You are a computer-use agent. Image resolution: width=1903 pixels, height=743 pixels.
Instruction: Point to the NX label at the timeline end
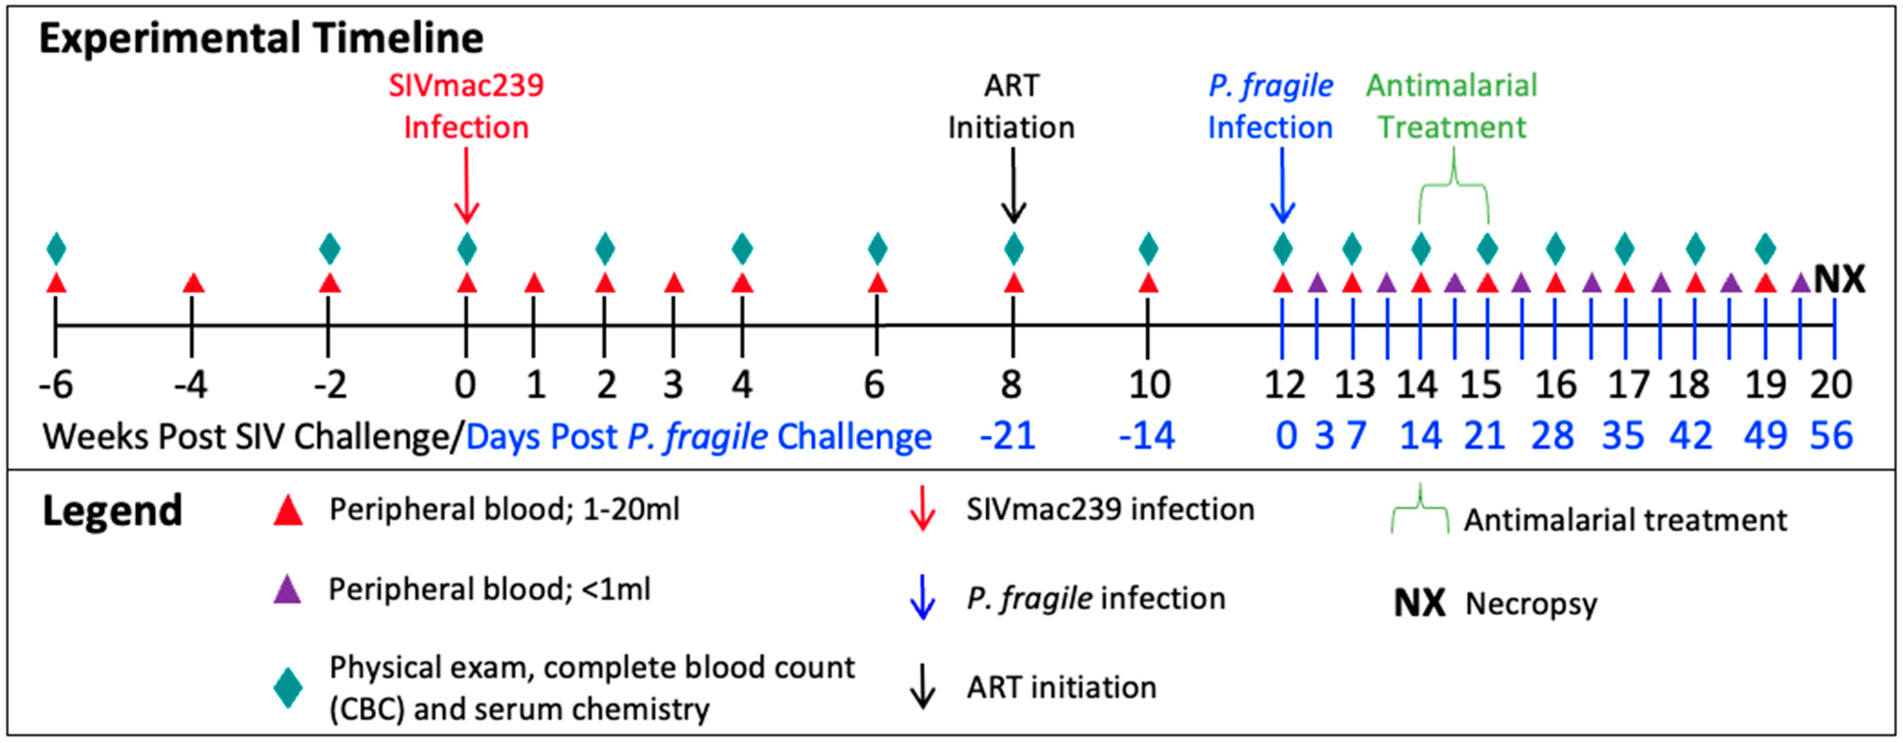click(x=1840, y=279)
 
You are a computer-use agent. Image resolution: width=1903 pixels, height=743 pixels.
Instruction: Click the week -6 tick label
click(x=56, y=385)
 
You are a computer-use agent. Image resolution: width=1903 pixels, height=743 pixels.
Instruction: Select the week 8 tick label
click(x=1011, y=385)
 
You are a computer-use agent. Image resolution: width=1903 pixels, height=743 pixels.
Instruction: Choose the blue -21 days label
click(x=1007, y=436)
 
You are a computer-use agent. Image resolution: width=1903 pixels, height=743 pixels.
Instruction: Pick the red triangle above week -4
click(x=193, y=283)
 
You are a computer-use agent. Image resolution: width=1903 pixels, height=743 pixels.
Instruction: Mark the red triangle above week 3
click(x=674, y=283)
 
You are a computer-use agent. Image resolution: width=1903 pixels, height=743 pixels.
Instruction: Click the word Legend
click(x=112, y=511)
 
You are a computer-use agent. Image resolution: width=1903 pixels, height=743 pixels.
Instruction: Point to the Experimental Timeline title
click(x=261, y=38)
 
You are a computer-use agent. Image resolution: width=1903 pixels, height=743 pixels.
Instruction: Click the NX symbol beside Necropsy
click(x=1419, y=604)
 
